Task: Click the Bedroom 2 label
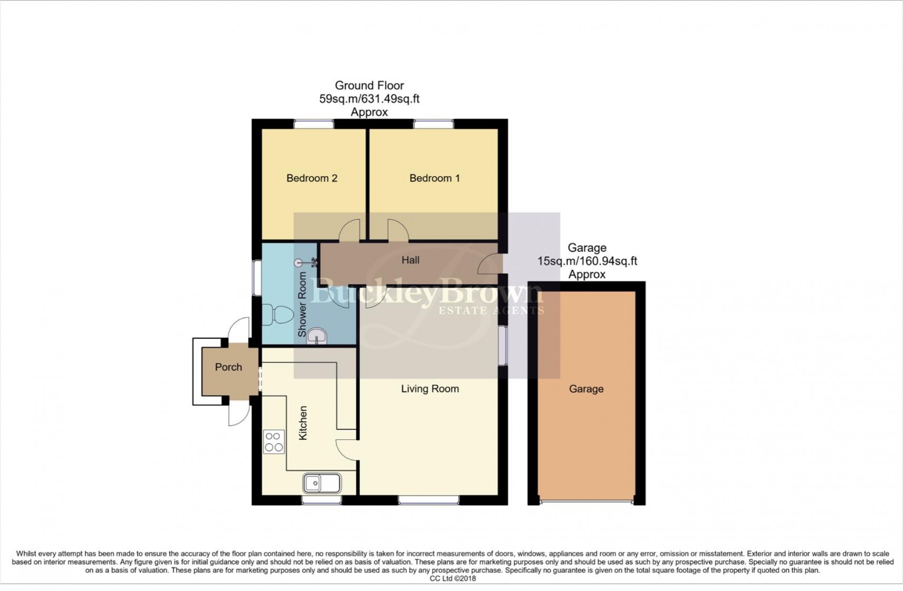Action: [x=312, y=178]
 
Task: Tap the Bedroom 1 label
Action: [x=434, y=178]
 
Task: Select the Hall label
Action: [x=411, y=260]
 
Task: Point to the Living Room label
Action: [x=430, y=389]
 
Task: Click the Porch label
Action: [x=229, y=367]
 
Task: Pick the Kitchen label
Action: [x=303, y=423]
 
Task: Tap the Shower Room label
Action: [x=302, y=305]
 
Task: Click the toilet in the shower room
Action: [x=278, y=315]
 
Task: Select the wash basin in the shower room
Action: [x=317, y=336]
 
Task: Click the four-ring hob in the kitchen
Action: [x=274, y=442]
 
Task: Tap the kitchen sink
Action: [x=322, y=483]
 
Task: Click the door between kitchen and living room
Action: [x=346, y=449]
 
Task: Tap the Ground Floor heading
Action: [x=369, y=86]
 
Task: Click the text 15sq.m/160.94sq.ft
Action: [x=587, y=261]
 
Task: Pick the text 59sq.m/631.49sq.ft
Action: [x=369, y=99]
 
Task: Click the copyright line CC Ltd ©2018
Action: [x=452, y=579]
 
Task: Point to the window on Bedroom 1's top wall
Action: [x=433, y=124]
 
